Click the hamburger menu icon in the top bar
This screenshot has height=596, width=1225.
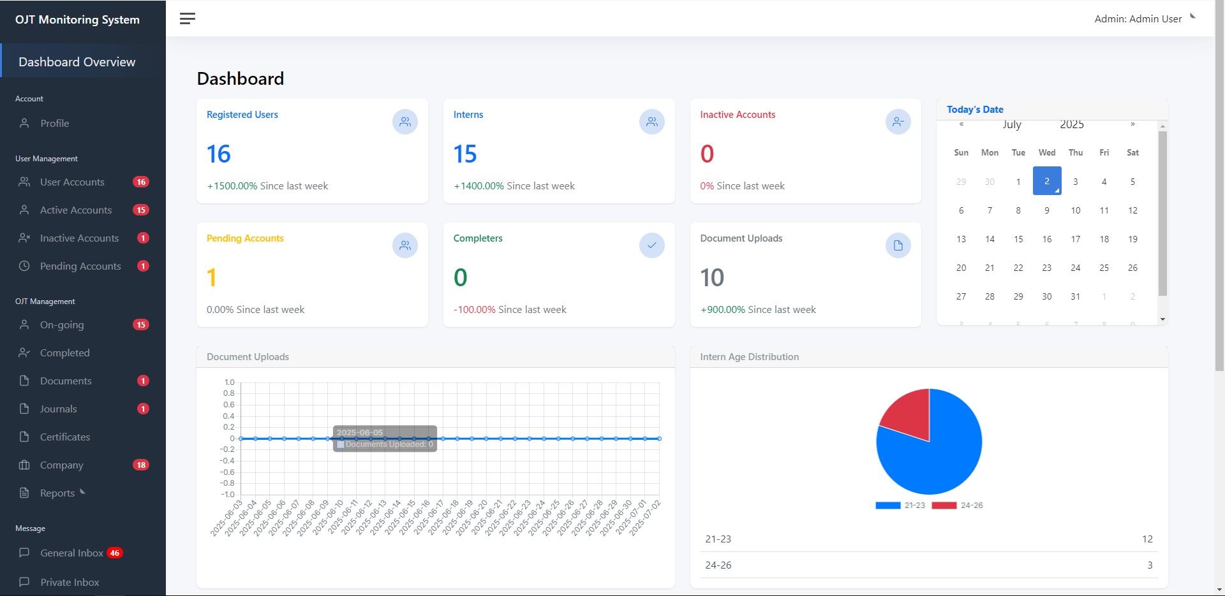click(187, 18)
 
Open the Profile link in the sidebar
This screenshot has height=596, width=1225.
click(54, 124)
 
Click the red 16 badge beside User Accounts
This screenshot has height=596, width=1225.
click(141, 182)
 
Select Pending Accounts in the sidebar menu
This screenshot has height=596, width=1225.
click(80, 266)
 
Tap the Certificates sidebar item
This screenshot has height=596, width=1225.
click(64, 437)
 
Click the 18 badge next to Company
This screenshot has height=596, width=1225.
click(141, 465)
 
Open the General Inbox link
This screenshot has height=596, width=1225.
click(71, 553)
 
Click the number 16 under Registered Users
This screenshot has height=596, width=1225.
click(218, 154)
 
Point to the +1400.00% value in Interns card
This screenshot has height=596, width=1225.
click(479, 186)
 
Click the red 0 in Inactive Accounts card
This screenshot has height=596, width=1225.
click(707, 154)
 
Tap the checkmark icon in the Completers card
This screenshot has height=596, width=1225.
click(651, 245)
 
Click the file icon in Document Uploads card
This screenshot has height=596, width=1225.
click(898, 245)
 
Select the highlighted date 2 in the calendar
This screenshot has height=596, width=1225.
click(1047, 181)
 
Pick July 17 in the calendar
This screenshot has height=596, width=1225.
click(1076, 239)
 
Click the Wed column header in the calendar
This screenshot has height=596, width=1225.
click(1047, 153)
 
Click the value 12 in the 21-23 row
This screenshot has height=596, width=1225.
click(1147, 539)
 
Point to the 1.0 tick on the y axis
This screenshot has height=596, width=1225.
click(229, 382)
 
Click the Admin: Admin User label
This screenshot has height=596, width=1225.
click(1138, 19)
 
